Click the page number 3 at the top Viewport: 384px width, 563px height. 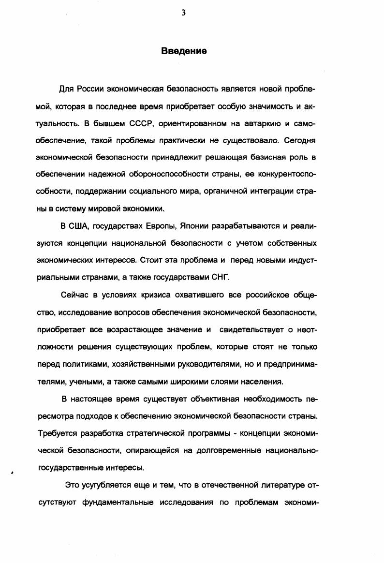[x=183, y=13]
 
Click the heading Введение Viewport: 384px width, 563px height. [x=184, y=51]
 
